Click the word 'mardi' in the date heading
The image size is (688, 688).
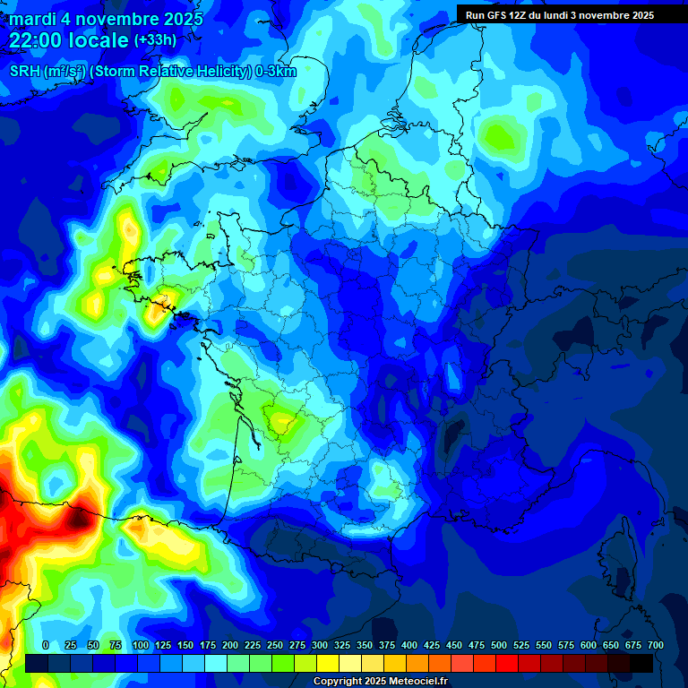32,19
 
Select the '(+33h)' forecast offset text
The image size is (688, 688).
155,40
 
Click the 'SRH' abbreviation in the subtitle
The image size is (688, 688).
26,71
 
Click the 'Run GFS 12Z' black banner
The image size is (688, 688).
560,15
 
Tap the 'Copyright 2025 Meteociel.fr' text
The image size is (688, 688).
380,682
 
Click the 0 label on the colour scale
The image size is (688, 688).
46,645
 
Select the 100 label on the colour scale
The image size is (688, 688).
141,645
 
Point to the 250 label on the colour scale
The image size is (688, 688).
275,645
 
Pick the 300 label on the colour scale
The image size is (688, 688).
320,645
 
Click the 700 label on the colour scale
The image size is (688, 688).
656,645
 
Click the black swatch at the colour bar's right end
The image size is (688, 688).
641,663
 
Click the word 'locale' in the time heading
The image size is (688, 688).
102,40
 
